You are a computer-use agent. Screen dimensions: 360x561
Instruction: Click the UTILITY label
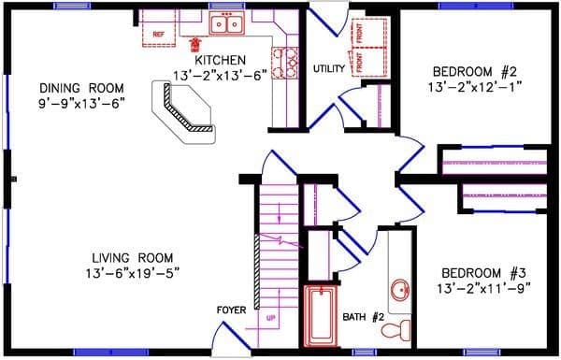[x=329, y=68]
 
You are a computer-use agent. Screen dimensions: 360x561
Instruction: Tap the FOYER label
[x=231, y=310]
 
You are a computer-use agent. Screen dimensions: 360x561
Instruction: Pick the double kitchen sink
[x=224, y=24]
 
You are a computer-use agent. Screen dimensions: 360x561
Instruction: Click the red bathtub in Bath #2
[x=322, y=315]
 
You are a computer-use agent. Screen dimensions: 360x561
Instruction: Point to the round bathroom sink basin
[x=400, y=289]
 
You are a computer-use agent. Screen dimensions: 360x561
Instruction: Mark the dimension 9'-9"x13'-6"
[x=70, y=101]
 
